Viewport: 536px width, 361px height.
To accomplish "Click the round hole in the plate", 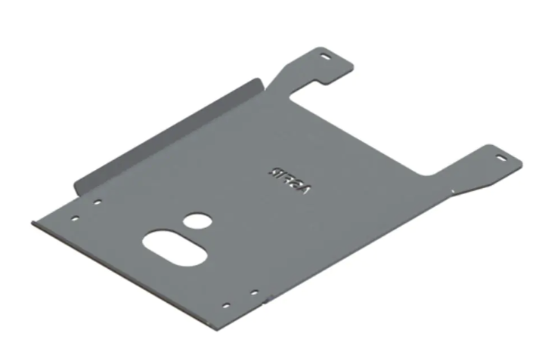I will (198, 221).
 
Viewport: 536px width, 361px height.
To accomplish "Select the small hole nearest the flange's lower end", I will (97, 202).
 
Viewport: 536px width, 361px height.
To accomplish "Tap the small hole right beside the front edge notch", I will (255, 292).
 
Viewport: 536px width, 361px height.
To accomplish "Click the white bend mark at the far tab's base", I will (453, 193).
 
